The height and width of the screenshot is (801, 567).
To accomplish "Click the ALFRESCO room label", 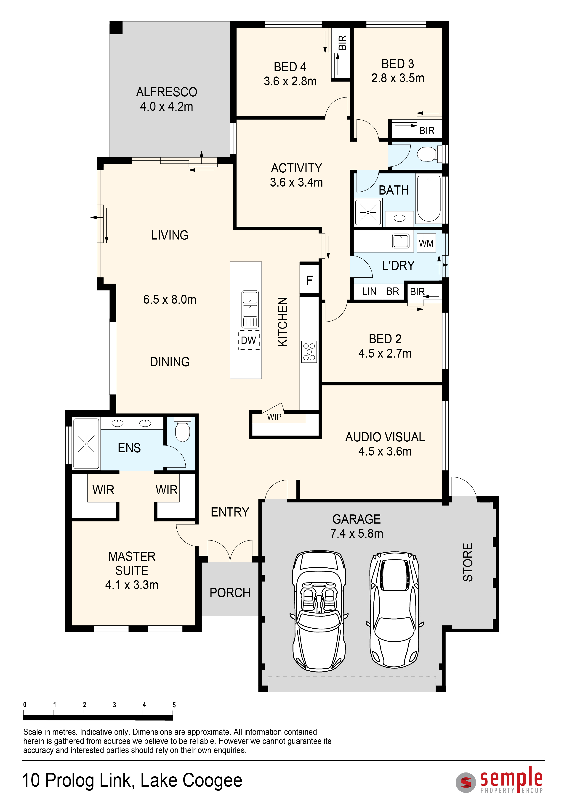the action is point(167,92).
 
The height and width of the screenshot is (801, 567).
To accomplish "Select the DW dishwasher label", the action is point(249,340).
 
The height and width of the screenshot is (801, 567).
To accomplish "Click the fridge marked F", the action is point(309,280).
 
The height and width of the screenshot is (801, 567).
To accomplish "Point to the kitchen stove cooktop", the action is point(309,352).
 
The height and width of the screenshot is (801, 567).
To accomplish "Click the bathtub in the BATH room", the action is point(429,199).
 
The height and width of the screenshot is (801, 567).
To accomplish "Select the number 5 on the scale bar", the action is point(174,705).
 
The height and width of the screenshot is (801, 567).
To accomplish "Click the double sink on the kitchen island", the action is point(250,309).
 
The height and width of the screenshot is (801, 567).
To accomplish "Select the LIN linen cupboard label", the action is point(369,291).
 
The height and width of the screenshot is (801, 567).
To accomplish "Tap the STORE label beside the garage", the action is point(468,562).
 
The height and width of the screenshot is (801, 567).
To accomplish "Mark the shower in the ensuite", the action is point(86,443).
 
